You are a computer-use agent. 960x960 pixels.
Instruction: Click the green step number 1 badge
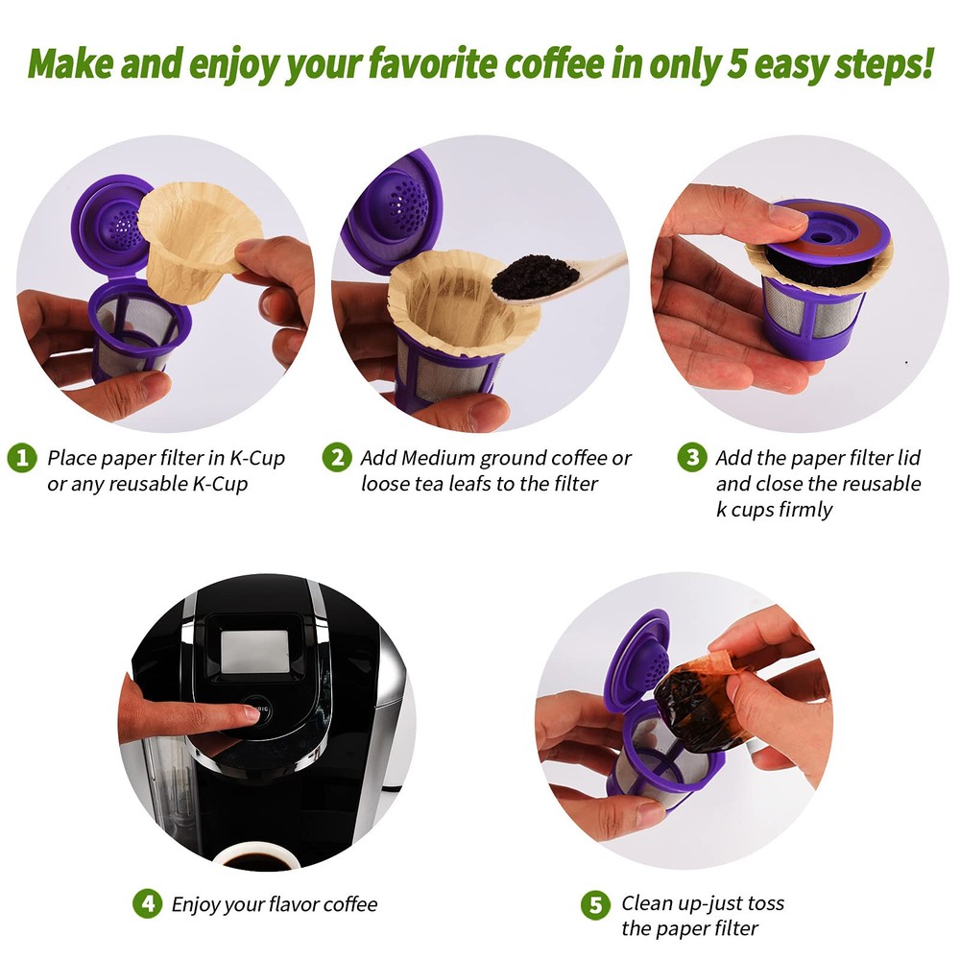click(x=22, y=457)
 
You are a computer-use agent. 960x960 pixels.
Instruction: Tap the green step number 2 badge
click(x=337, y=457)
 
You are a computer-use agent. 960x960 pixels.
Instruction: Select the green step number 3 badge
click(x=692, y=457)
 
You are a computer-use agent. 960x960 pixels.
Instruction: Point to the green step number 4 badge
click(x=148, y=903)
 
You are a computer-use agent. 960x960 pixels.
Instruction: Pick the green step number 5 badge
click(x=596, y=905)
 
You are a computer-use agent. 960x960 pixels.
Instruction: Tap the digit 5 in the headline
click(x=736, y=63)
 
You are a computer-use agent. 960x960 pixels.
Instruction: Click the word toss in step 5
click(x=765, y=903)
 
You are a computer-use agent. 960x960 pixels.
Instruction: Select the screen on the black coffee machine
click(x=254, y=652)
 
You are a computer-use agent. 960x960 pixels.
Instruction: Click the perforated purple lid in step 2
click(x=396, y=211)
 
